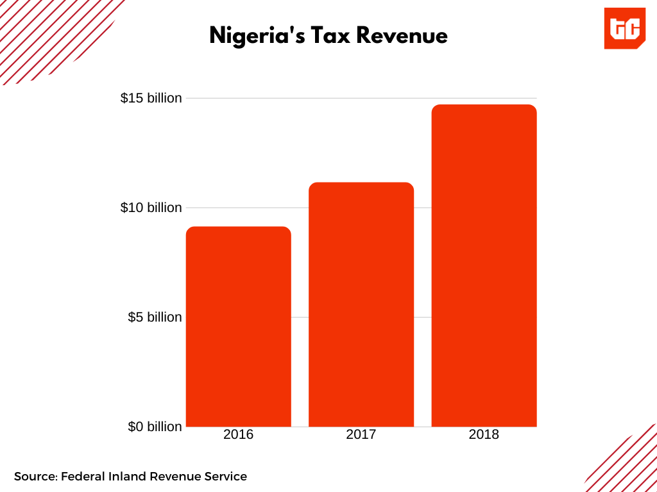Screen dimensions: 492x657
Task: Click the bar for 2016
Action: pyautogui.click(x=238, y=327)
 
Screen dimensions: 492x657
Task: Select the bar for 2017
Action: pyautogui.click(x=361, y=304)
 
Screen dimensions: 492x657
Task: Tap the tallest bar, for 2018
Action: pyautogui.click(x=484, y=265)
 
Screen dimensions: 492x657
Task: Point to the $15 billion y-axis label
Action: pyautogui.click(x=151, y=98)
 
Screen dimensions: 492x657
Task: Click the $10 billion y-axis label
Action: pyautogui.click(x=151, y=208)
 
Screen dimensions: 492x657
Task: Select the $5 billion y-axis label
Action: pyautogui.click(x=155, y=317)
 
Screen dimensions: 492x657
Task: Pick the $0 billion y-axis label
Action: pyautogui.click(x=155, y=427)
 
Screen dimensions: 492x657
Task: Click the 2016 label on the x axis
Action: pyautogui.click(x=238, y=434)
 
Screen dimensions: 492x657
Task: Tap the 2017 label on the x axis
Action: pyautogui.click(x=361, y=434)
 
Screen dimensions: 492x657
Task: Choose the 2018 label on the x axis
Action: pyautogui.click(x=484, y=434)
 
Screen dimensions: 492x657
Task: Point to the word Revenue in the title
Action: pyautogui.click(x=402, y=36)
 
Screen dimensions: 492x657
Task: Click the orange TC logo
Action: pyautogui.click(x=624, y=28)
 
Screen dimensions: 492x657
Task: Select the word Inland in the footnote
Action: pyautogui.click(x=128, y=477)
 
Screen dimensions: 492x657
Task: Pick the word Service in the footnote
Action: pyautogui.click(x=226, y=477)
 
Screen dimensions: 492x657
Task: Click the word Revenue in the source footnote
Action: pyautogui.click(x=175, y=477)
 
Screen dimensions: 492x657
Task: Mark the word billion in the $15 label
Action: pyautogui.click(x=164, y=98)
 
